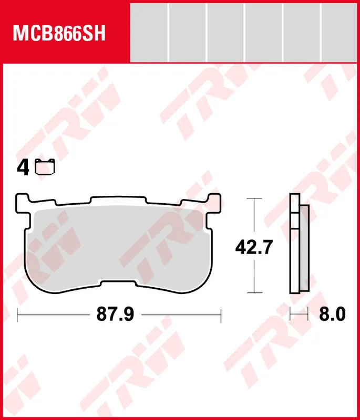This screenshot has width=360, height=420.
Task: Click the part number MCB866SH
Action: [x=59, y=34]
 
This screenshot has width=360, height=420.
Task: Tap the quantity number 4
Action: [x=23, y=168]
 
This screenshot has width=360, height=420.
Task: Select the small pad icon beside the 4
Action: [x=45, y=167]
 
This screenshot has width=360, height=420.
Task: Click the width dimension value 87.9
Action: [x=115, y=315]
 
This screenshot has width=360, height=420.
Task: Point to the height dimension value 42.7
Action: [x=254, y=246]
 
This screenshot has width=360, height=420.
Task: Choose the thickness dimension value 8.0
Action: [x=333, y=315]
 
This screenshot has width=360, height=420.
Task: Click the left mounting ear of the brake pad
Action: [x=23, y=202]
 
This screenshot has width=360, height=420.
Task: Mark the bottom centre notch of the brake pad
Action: [x=119, y=284]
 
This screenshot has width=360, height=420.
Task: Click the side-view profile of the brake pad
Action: [x=298, y=244]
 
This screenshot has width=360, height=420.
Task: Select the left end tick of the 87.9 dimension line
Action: [x=18, y=315]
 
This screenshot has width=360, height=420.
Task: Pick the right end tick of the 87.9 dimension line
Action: [x=221, y=315]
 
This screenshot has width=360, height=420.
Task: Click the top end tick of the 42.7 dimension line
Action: [x=254, y=199]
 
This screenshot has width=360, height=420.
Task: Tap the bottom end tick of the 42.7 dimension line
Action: [x=254, y=293]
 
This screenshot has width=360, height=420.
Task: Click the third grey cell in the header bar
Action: [x=225, y=32]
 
